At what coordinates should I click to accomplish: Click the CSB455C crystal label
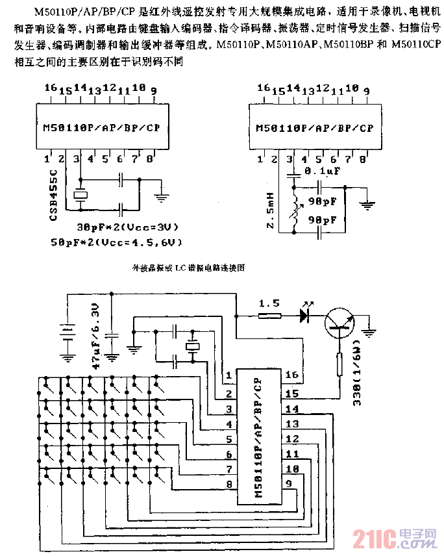pyautogui.click(x=55, y=194)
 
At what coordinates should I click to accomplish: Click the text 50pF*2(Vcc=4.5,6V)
pyautogui.click(x=117, y=242)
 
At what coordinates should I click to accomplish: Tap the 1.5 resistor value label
pyautogui.click(x=269, y=303)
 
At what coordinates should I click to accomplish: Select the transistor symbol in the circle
pyautogui.click(x=341, y=323)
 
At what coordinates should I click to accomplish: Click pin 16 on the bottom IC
pyautogui.click(x=291, y=375)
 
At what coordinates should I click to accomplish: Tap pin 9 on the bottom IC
pyautogui.click(x=291, y=483)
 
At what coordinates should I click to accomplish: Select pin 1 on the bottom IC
pyautogui.click(x=228, y=376)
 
